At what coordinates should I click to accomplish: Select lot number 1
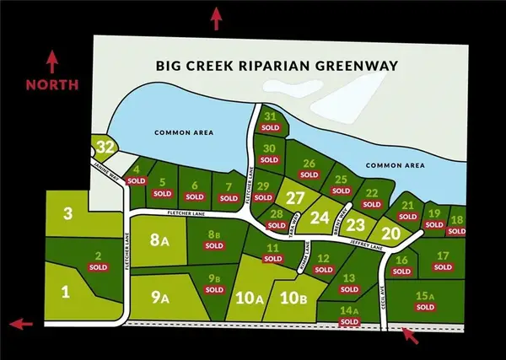click(x=64, y=292)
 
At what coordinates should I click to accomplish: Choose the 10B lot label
click(x=293, y=297)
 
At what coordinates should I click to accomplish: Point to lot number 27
click(x=294, y=198)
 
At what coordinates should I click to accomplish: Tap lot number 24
click(x=319, y=217)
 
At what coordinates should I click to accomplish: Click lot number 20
click(x=390, y=234)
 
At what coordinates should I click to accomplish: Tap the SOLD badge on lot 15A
click(x=425, y=308)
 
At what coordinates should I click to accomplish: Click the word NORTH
click(x=52, y=84)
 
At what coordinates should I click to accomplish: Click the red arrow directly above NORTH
click(x=52, y=61)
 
